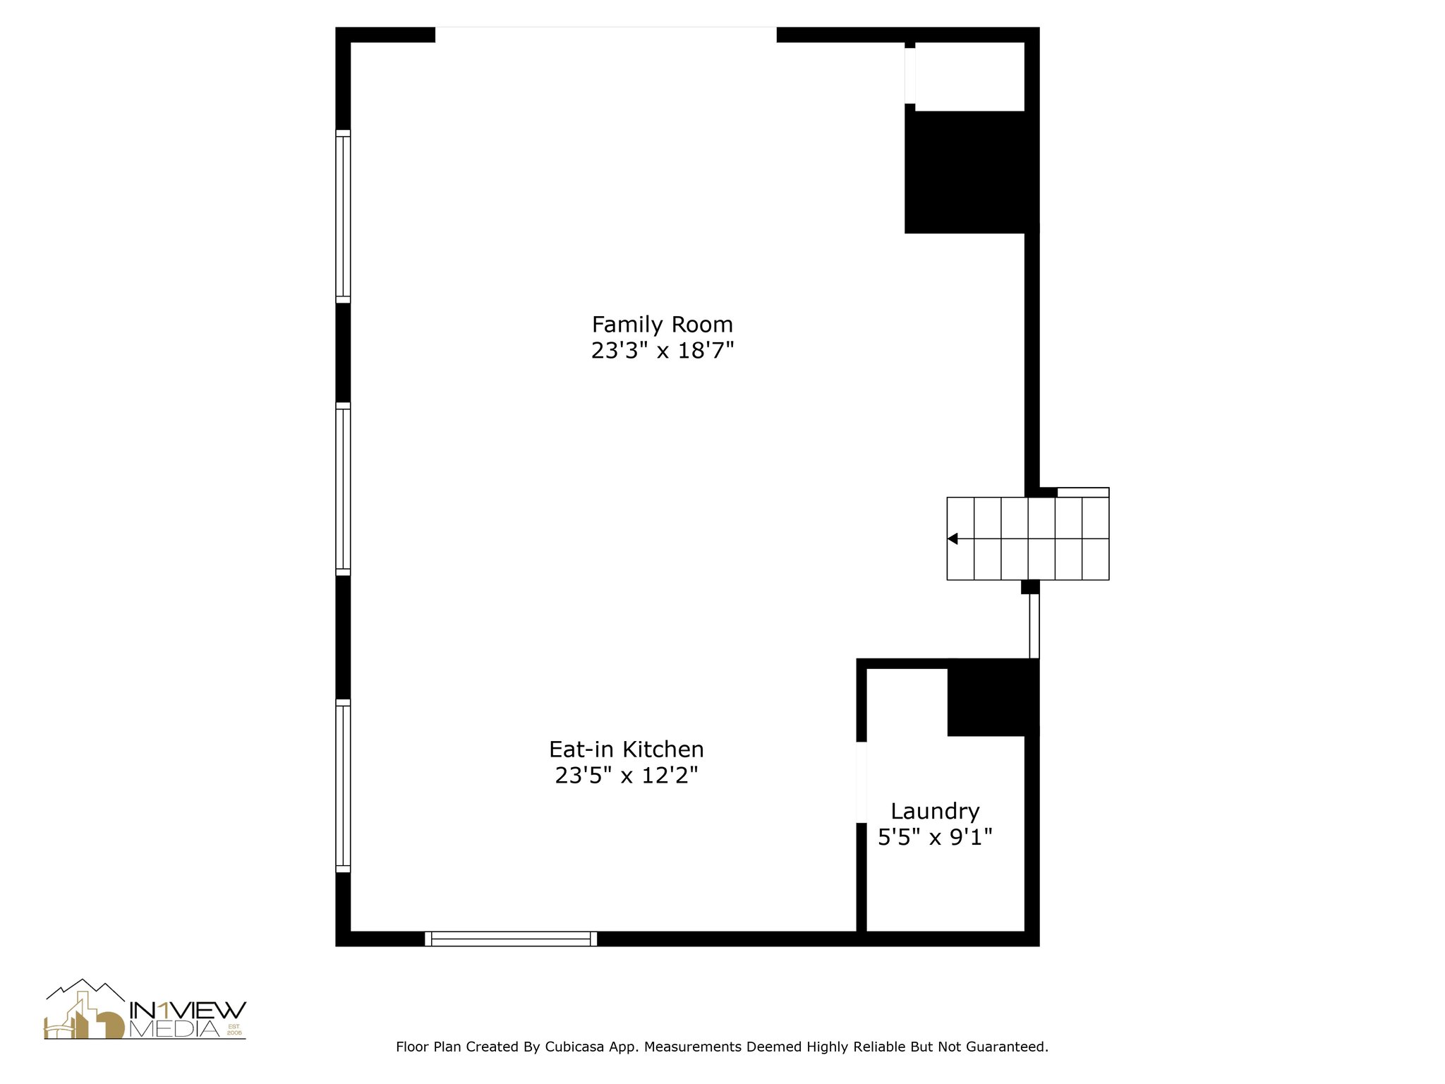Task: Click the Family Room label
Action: coord(662,325)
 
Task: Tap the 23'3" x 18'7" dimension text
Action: coord(662,351)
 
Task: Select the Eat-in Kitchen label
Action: coord(626,749)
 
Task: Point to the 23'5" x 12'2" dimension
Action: coord(626,776)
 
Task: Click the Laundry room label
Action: coord(935,811)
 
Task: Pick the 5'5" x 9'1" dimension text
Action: coord(935,838)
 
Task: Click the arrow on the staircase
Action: coord(953,539)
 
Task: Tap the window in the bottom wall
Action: coord(511,939)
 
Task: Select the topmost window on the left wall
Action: coord(343,216)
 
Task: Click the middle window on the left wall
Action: coord(343,489)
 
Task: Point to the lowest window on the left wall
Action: coord(343,785)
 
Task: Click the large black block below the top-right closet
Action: coord(965,172)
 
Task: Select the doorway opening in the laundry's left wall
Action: coord(861,782)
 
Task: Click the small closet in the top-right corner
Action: coord(969,76)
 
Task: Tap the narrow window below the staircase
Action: coord(1034,625)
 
